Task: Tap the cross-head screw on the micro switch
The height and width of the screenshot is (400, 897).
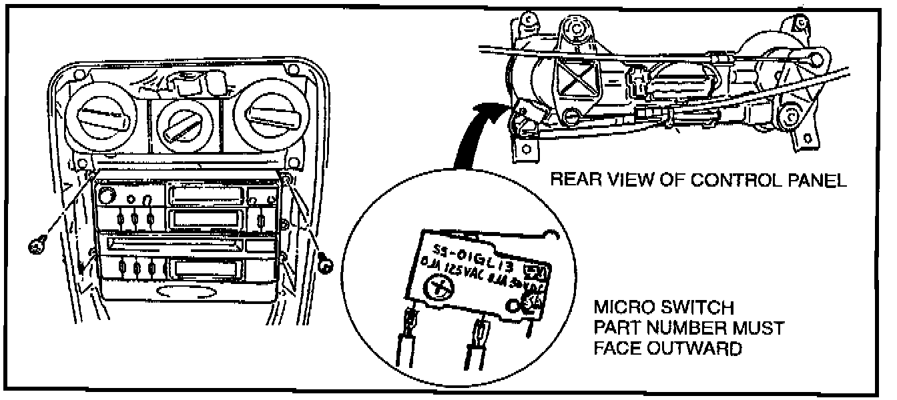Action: coord(440,286)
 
